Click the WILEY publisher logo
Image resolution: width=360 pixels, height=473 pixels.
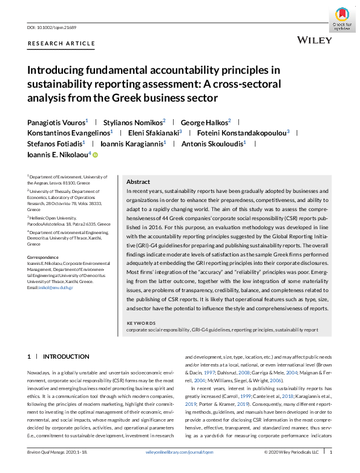pyautogui.click(x=315, y=40)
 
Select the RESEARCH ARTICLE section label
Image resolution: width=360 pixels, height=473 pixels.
pyautogui.click(x=61, y=44)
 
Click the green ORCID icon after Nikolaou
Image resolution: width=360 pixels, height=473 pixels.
pyautogui.click(x=94, y=155)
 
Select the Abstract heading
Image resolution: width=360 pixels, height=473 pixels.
pyautogui.click(x=138, y=181)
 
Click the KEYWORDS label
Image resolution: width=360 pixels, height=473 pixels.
pyautogui.click(x=141, y=324)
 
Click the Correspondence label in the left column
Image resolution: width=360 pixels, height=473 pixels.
pyautogui.click(x=44, y=257)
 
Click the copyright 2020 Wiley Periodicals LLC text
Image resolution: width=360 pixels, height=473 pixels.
pyautogui.click(x=290, y=468)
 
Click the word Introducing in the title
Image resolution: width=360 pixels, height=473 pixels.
pyautogui.click(x=56, y=71)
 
